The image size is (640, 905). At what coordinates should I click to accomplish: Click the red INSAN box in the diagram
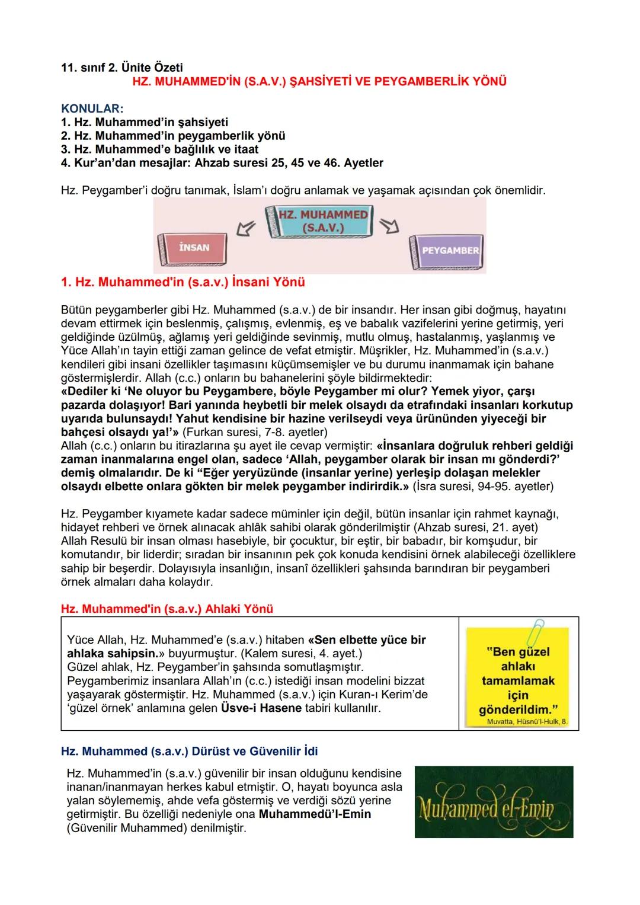tap(193, 248)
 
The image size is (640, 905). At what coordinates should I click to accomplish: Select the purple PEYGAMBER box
tap(449, 251)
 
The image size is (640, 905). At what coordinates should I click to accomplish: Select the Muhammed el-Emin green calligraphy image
tap(494, 801)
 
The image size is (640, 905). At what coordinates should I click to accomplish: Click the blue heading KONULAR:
tap(92, 109)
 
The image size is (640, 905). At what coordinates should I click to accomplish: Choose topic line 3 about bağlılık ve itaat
tap(160, 149)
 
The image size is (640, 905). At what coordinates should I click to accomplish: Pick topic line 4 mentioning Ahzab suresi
tap(222, 162)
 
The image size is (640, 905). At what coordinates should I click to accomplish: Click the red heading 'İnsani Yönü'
tap(183, 282)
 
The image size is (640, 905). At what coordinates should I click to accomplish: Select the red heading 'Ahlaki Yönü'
tap(167, 609)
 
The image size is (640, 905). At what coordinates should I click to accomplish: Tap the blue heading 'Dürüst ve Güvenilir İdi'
tap(189, 751)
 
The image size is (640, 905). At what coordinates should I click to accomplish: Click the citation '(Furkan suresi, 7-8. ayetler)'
tap(254, 432)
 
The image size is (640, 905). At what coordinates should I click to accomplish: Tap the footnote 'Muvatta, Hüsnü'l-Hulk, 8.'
tap(526, 722)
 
